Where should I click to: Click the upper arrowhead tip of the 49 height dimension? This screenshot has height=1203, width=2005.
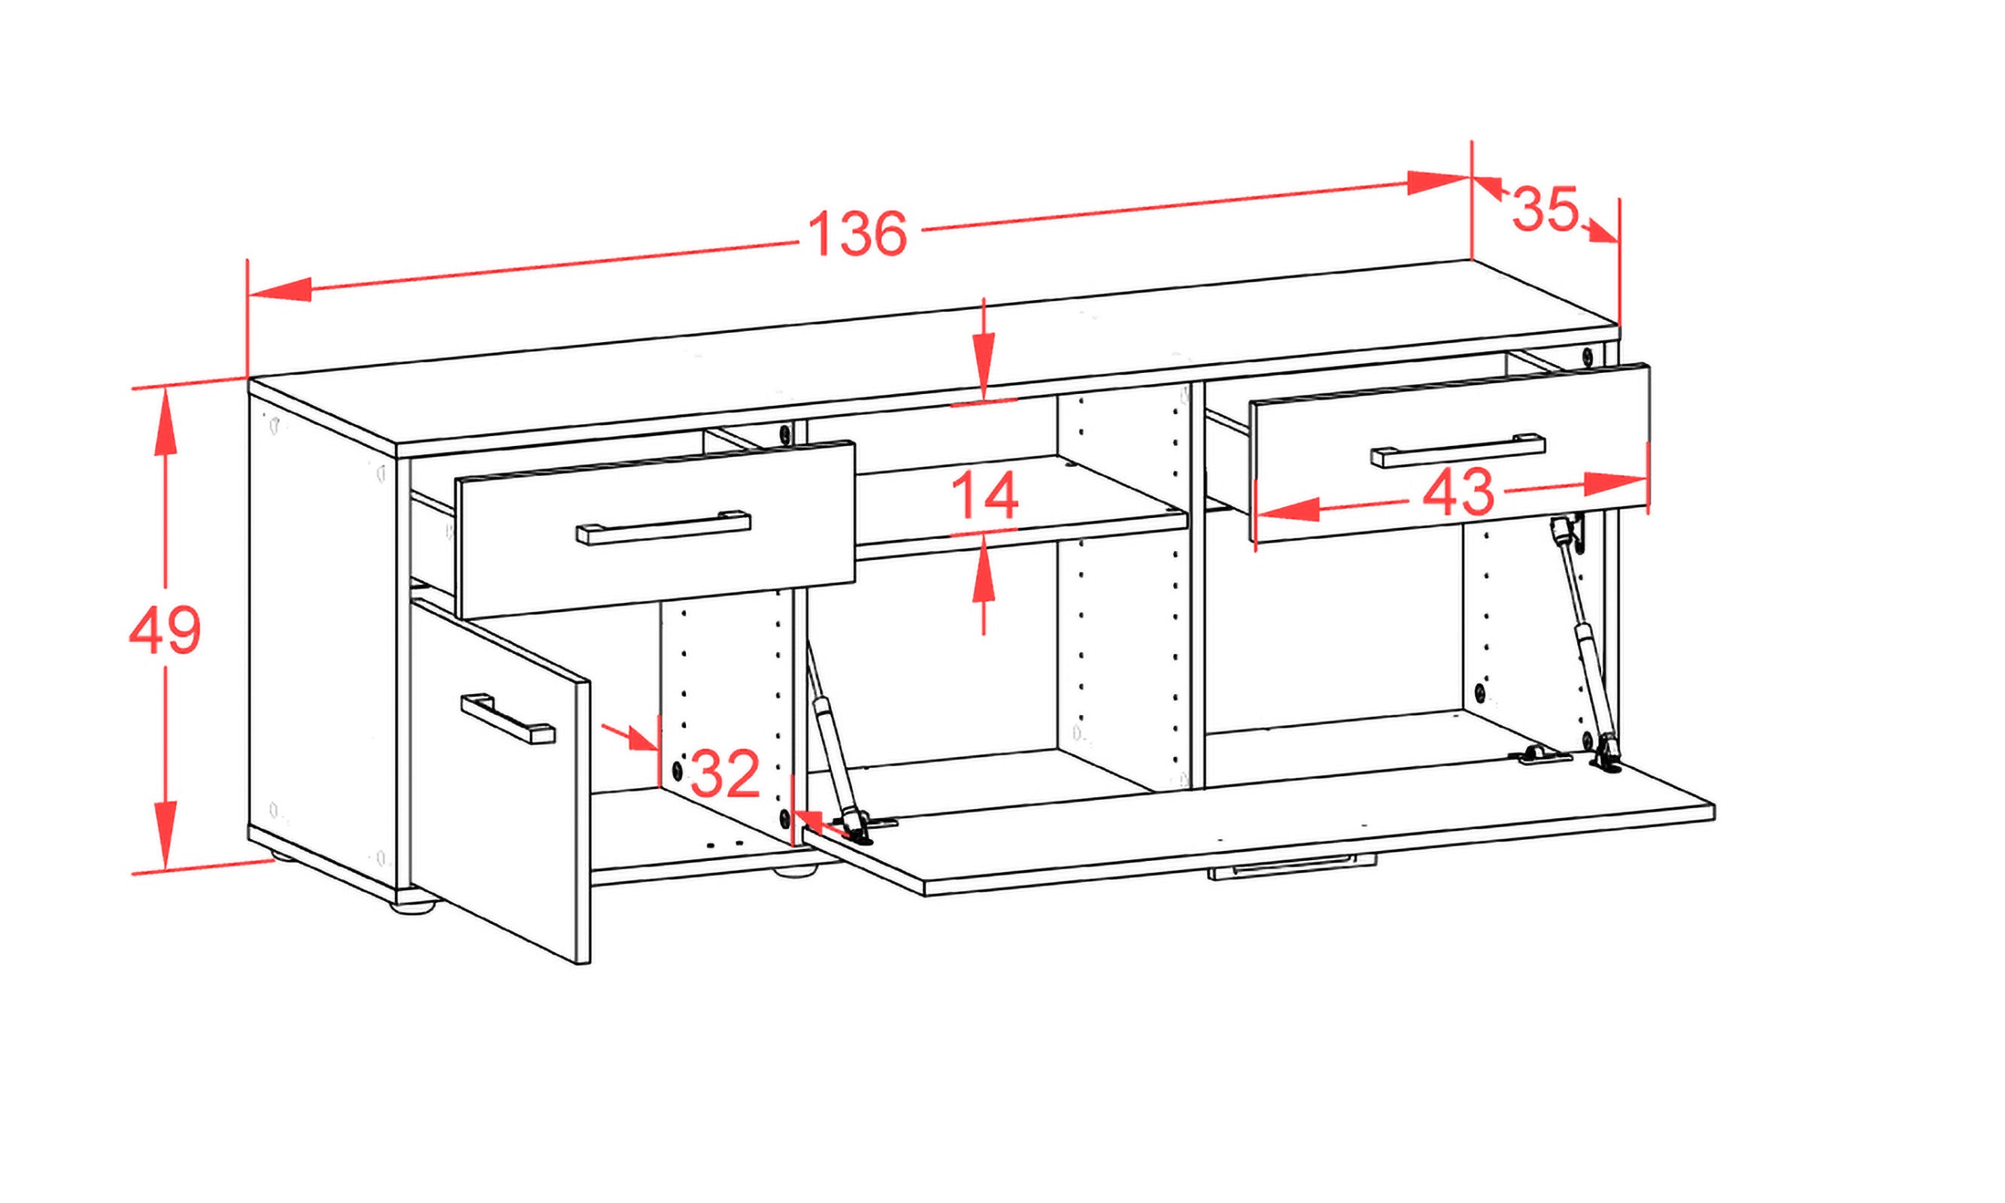[165, 389]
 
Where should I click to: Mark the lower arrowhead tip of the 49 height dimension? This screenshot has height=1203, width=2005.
[165, 871]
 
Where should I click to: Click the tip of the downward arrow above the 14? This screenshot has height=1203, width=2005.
[984, 398]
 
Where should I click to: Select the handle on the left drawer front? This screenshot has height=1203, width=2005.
[663, 527]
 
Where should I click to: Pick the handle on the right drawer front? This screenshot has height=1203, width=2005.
[1457, 450]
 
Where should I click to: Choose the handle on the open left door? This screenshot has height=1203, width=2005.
[508, 717]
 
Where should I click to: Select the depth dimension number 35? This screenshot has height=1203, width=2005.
[1545, 209]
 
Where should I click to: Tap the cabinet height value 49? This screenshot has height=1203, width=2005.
[165, 630]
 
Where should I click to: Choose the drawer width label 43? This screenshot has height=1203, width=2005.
[1457, 492]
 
